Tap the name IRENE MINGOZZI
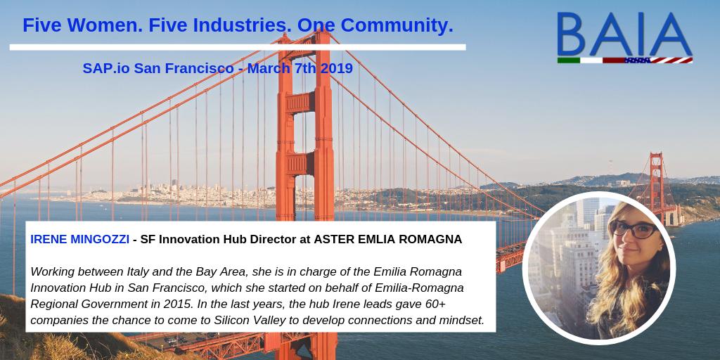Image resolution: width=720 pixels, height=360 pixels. (x=79, y=239)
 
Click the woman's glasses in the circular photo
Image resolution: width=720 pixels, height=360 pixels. (x=631, y=230)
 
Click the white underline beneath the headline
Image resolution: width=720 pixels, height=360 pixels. (x=238, y=47)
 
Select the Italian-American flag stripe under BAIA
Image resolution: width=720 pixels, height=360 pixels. (x=624, y=60)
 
